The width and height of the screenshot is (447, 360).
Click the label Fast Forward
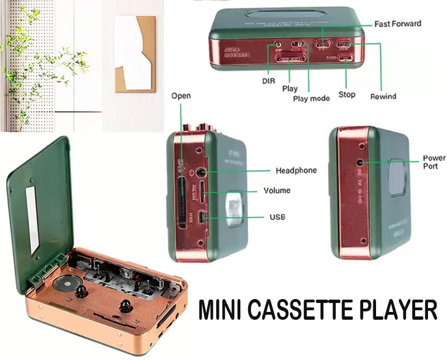point(398,24)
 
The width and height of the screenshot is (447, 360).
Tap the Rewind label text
point(383,96)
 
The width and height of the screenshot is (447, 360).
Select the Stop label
point(347,94)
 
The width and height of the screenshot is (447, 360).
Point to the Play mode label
point(311,98)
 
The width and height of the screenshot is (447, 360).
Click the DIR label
point(269,81)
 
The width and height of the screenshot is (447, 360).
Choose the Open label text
point(180,96)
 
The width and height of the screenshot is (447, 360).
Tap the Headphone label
point(296,170)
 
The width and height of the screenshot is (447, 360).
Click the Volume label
point(277,191)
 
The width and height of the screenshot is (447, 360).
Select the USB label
point(277,216)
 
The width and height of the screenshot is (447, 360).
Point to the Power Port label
point(434,162)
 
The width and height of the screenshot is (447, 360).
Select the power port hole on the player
point(361,162)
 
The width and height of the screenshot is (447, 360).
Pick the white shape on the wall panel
point(135,53)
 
